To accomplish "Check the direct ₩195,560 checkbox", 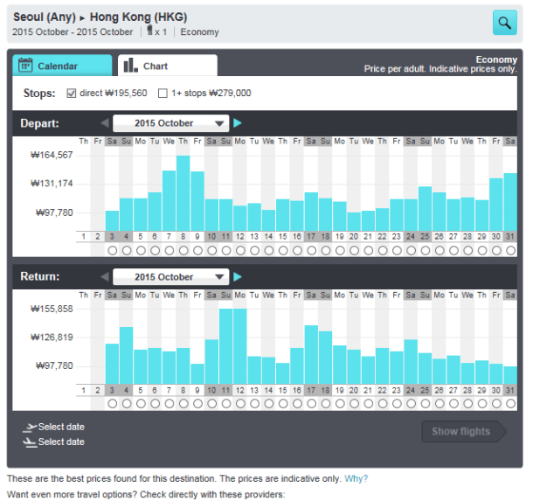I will [71, 93].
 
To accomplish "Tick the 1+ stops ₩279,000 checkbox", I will [163, 93].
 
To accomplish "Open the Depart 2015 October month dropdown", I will [170, 123].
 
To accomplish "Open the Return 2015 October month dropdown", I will [170, 277].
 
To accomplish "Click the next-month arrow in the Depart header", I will [238, 123].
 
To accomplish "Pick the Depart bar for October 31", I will [510, 201].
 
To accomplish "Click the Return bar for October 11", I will [225, 346].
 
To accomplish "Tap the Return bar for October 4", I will [126, 355].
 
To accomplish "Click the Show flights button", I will [461, 431].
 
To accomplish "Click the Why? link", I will [356, 478].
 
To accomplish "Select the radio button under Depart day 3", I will [112, 250].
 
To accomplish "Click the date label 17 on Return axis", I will [311, 390].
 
